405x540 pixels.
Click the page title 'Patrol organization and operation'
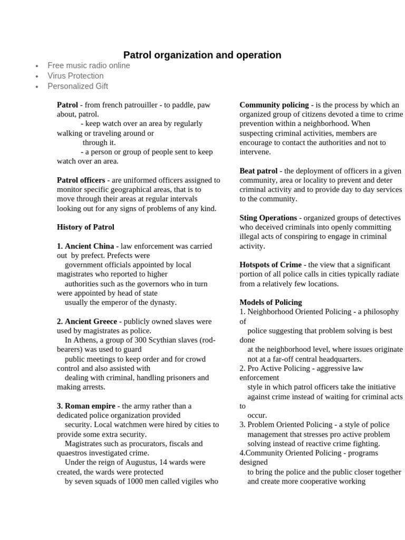pyautogui.click(x=202, y=55)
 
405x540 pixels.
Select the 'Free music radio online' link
pyautogui.click(x=89, y=65)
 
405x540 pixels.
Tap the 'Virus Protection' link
pyautogui.click(x=75, y=76)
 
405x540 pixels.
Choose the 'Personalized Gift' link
pyautogui.click(x=78, y=86)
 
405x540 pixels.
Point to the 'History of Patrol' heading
pyautogui.click(x=85, y=227)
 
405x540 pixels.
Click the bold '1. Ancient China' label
pyautogui.click(x=85, y=246)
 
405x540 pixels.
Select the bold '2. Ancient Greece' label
pyautogui.click(x=87, y=322)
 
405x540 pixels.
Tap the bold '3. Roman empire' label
pyautogui.click(x=86, y=406)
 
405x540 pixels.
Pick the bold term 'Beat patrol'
pyautogui.click(x=258, y=171)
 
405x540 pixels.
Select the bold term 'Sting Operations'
pyautogui.click(x=268, y=218)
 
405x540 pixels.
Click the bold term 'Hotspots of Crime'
pyautogui.click(x=271, y=265)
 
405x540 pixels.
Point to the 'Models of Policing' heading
pyautogui.click(x=271, y=303)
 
